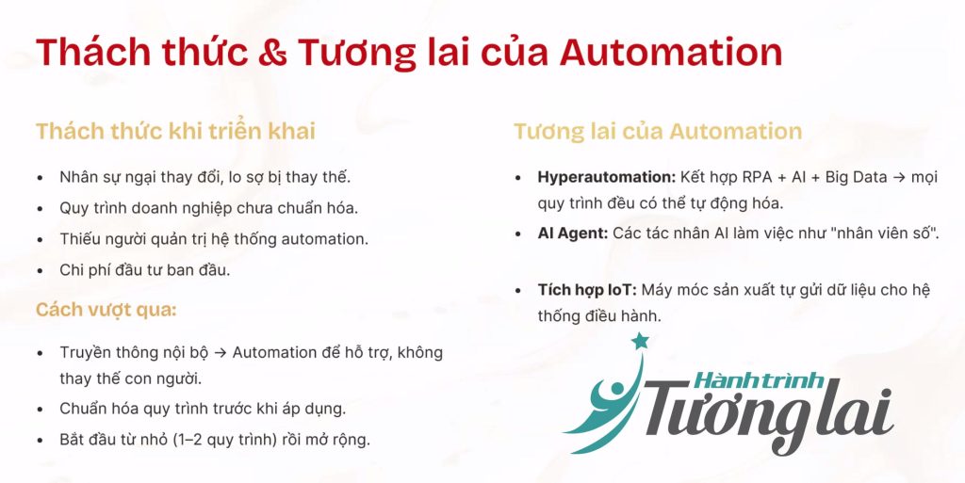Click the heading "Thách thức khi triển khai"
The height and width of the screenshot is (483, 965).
click(x=175, y=131)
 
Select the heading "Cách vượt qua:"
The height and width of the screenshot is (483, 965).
click(x=106, y=309)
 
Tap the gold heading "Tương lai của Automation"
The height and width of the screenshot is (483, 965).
click(x=658, y=131)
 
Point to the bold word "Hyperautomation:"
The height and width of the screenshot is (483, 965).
click(x=607, y=178)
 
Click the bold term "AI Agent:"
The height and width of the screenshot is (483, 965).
click(x=573, y=233)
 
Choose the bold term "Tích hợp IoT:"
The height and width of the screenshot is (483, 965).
click(x=586, y=290)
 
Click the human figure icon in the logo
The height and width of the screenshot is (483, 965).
click(x=606, y=403)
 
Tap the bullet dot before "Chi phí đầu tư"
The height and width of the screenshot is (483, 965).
click(x=41, y=271)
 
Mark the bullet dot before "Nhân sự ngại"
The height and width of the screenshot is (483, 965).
click(x=41, y=178)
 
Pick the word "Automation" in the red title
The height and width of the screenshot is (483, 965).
click(x=670, y=52)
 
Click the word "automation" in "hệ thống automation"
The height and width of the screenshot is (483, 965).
click(x=324, y=239)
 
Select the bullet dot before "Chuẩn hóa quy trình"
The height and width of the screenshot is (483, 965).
click(x=41, y=410)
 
